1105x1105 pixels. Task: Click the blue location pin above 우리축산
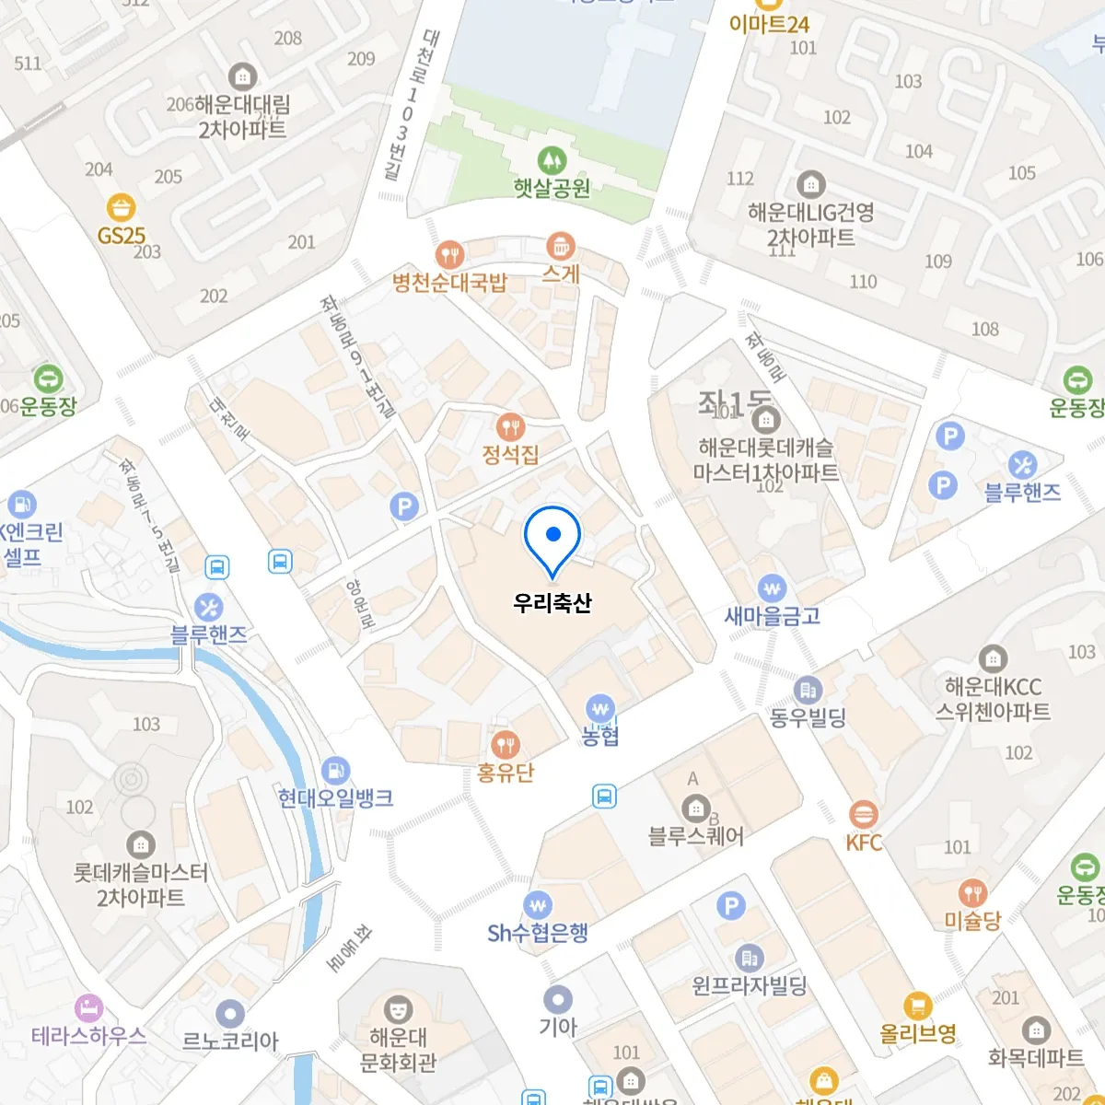(x=552, y=537)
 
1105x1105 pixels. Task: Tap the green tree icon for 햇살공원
(x=552, y=160)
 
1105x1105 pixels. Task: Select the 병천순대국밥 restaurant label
(x=449, y=283)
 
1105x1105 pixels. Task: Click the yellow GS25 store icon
(x=121, y=207)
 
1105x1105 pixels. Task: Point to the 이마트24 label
(x=769, y=24)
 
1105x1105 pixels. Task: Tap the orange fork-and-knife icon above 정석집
(x=510, y=426)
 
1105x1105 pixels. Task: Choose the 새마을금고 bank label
(x=772, y=615)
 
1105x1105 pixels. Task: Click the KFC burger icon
(x=863, y=814)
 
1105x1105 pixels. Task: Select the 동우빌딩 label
(x=808, y=717)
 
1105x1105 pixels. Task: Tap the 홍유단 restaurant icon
(x=505, y=744)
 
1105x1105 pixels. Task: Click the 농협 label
(x=600, y=736)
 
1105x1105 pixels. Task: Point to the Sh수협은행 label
(x=538, y=933)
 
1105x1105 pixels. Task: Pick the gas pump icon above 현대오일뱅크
(x=336, y=770)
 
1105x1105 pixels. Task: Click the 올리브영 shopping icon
(x=916, y=1006)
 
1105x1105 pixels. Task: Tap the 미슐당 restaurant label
(x=972, y=920)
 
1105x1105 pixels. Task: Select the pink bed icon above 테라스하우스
(x=88, y=1007)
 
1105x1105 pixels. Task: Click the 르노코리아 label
(x=230, y=1041)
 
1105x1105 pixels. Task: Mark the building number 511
(x=28, y=63)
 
